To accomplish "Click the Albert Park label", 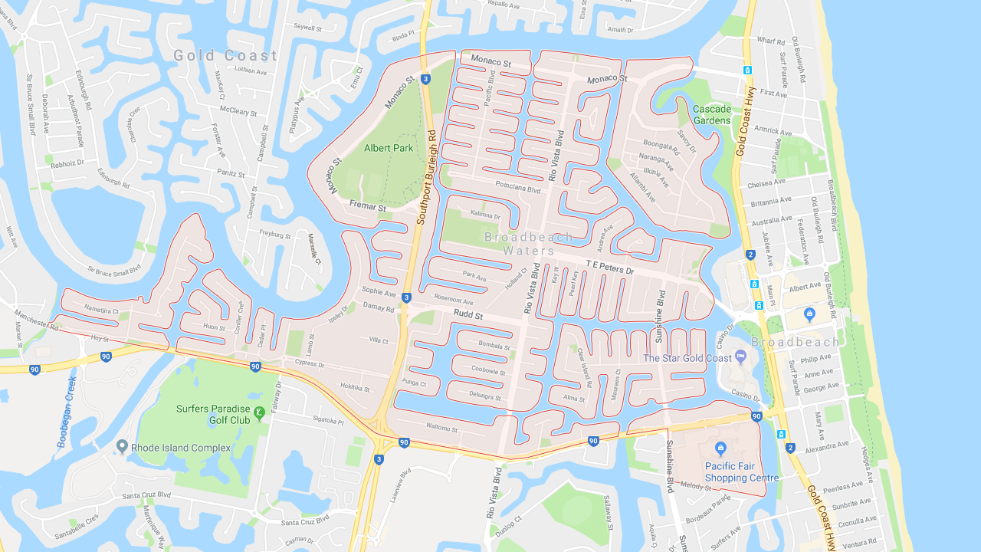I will click(x=389, y=148).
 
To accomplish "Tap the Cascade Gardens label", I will click(x=712, y=114).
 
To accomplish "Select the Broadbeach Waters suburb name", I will click(x=529, y=244).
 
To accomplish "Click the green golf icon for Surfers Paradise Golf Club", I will click(x=260, y=413).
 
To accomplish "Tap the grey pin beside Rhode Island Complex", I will click(x=122, y=446).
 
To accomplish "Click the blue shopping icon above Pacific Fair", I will click(x=720, y=449).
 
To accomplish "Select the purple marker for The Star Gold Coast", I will click(x=740, y=356).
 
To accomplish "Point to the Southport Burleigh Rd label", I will click(x=427, y=177).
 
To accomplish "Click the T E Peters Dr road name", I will click(x=610, y=268).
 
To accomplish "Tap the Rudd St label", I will click(x=468, y=315).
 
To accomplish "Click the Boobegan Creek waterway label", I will click(x=67, y=412).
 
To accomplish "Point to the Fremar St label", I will click(x=368, y=205).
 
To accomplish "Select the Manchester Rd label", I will click(x=36, y=320).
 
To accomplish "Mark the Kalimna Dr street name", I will click(x=485, y=215).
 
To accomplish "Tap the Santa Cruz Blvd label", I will click(x=146, y=495).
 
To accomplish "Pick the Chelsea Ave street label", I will click(x=766, y=183).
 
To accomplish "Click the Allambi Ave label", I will click(x=642, y=187).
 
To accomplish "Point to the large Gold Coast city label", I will click(x=225, y=55).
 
